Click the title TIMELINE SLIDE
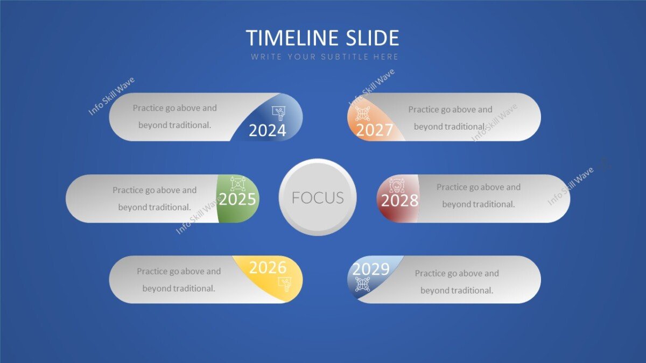(x=322, y=38)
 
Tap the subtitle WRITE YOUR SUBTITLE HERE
(x=325, y=56)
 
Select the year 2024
(x=267, y=130)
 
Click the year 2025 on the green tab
(x=237, y=200)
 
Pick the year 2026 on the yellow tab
(x=268, y=267)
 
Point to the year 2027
(x=374, y=130)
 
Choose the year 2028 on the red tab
(x=399, y=201)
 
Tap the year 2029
(x=370, y=269)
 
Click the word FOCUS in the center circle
(x=318, y=197)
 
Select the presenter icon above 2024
(x=279, y=113)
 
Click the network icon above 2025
(x=237, y=183)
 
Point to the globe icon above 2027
(x=362, y=113)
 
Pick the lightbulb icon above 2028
(x=396, y=185)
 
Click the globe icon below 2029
(x=362, y=283)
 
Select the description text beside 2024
(x=174, y=116)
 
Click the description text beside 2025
(x=155, y=198)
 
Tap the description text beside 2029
(x=457, y=282)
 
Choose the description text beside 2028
(x=478, y=196)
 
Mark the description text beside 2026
(x=179, y=280)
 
